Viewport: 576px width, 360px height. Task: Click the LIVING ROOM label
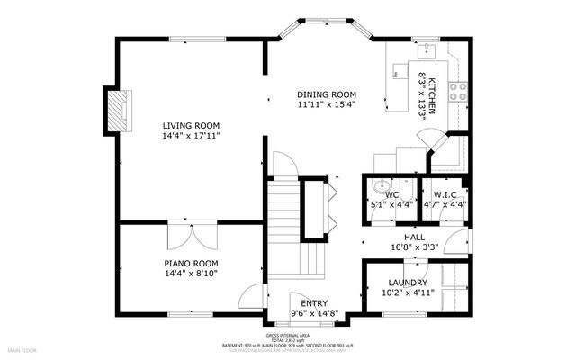coord(191,125)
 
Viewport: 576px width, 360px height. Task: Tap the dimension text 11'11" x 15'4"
coord(328,104)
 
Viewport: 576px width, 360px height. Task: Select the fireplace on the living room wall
coord(113,110)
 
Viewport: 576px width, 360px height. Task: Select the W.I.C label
coord(445,194)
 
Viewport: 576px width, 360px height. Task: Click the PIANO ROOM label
coord(191,264)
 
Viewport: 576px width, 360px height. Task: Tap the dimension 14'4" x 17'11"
coord(191,135)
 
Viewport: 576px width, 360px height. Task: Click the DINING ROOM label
coord(328,94)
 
